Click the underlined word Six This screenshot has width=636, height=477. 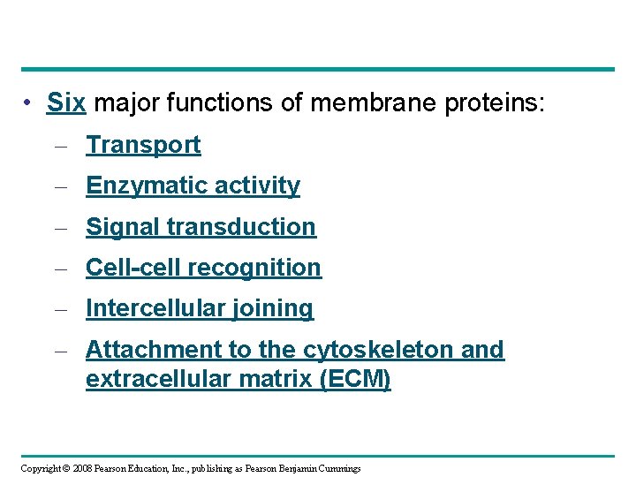(x=66, y=103)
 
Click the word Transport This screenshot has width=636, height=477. (x=143, y=145)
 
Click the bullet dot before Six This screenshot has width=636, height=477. (x=29, y=103)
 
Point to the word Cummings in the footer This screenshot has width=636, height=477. (x=335, y=468)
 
